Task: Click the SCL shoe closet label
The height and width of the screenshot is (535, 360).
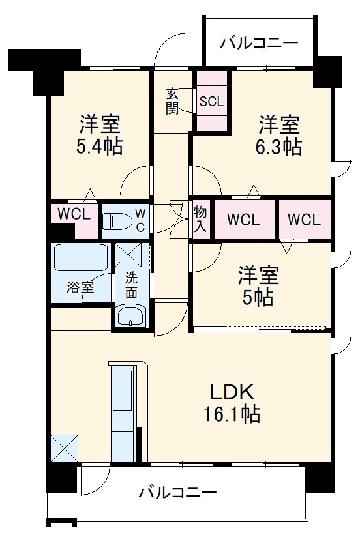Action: click(212, 101)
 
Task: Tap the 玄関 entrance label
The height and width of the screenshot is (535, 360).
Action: click(172, 101)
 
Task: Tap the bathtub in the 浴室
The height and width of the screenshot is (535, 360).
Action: click(80, 258)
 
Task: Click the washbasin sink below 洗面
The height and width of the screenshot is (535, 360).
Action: click(132, 317)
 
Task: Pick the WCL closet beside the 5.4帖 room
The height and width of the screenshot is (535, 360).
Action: click(74, 214)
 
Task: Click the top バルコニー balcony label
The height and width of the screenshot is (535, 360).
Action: click(258, 44)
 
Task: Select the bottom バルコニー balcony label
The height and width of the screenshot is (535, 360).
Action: click(177, 492)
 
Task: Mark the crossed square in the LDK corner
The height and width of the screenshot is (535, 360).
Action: click(64, 448)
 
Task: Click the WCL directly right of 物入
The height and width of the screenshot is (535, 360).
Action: click(243, 220)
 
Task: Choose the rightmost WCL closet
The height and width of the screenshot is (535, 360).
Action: click(304, 220)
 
